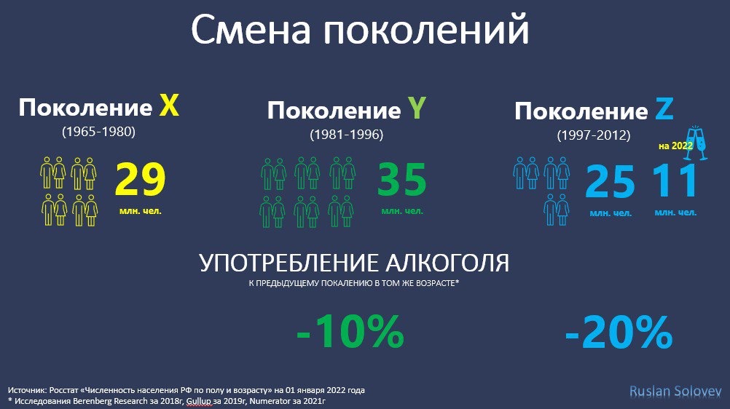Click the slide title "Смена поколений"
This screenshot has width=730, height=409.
[360, 30]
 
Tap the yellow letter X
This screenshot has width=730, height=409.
[169, 106]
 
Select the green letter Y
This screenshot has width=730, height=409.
[417, 108]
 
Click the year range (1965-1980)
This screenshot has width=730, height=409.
[98, 132]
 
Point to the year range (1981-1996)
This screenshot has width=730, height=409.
[347, 135]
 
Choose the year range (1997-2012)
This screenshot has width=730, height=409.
[594, 135]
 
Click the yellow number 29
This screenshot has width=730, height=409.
[140, 179]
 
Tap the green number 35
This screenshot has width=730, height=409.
[401, 179]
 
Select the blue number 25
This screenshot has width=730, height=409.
[611, 181]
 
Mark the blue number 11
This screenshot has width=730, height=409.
[675, 181]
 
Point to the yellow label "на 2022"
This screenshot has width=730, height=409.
[675, 146]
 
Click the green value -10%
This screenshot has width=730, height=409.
[350, 331]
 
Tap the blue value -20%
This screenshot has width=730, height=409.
[619, 332]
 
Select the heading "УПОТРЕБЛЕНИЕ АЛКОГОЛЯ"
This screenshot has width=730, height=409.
[354, 263]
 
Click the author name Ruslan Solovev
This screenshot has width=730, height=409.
[675, 392]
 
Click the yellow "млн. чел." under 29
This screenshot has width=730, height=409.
[140, 211]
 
